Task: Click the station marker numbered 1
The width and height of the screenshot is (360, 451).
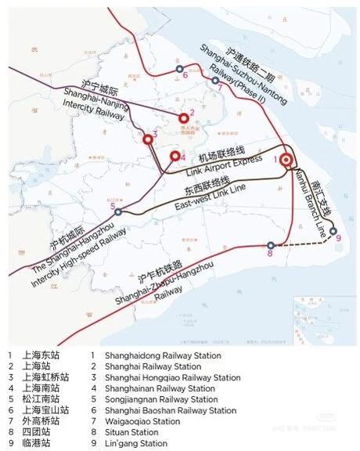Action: point(286,160)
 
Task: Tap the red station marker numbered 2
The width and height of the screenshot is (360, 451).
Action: point(184,117)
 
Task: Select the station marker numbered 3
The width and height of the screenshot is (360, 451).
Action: point(148,139)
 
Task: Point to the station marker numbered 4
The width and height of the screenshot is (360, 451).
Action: point(175,156)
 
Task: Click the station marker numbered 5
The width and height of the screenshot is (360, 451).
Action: point(117,211)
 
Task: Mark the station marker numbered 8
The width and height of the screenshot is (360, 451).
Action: point(271,244)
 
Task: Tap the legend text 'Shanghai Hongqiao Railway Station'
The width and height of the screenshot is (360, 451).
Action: point(173,377)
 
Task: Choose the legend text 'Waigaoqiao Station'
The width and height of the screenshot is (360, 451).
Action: point(146,421)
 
